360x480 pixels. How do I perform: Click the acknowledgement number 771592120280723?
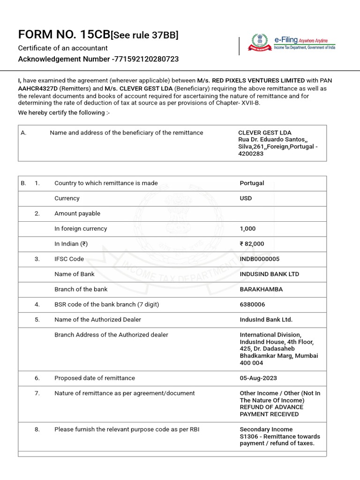point(146,59)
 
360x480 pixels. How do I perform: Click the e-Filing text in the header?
point(286,41)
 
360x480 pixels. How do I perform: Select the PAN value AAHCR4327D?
point(37,88)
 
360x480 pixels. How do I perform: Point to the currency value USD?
point(246,198)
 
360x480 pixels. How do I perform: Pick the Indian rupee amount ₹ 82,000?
point(252,244)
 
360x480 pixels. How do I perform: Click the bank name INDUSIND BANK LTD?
point(269,274)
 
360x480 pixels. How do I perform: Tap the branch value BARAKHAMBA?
point(261,289)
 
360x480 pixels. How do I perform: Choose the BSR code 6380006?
point(252,305)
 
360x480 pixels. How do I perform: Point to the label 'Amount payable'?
point(77,213)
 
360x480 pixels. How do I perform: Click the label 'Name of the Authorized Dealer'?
point(97,320)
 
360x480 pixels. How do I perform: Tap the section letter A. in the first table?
point(23,133)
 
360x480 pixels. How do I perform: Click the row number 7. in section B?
point(37,393)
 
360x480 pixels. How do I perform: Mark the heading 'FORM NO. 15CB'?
point(63,35)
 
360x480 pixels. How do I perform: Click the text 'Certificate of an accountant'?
point(63,48)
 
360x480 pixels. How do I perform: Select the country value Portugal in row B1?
point(252,183)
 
